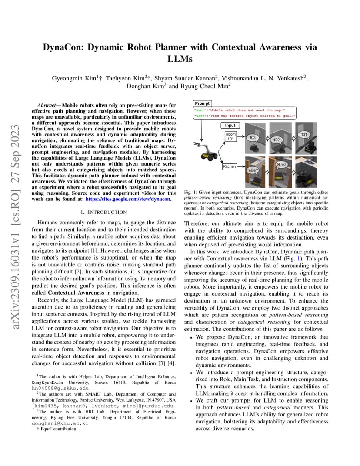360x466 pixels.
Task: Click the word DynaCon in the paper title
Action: [64, 47]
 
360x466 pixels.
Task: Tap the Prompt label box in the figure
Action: [202, 103]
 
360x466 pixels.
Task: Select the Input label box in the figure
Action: [230, 125]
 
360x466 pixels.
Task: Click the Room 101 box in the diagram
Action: [230, 136]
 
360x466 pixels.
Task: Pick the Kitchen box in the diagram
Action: [230, 166]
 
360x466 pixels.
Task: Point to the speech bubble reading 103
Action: [252, 137]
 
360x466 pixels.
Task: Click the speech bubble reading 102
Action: [276, 140]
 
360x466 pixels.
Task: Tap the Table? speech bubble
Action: [253, 170]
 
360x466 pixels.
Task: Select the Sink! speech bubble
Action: [281, 165]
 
